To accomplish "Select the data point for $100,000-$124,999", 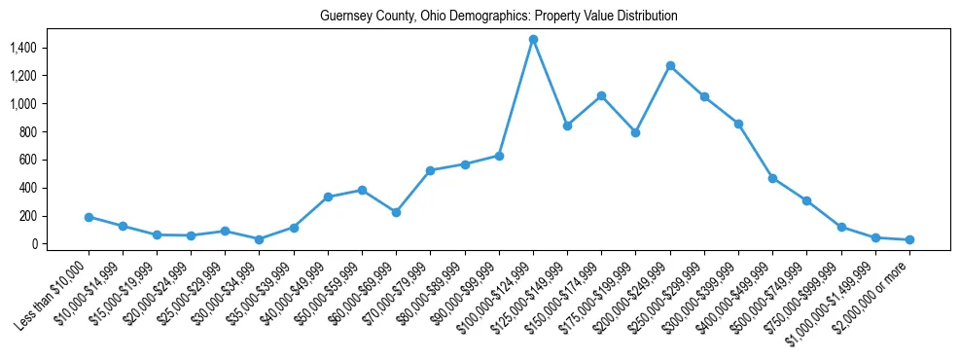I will point(533,39).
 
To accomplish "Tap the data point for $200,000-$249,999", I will point(670,65).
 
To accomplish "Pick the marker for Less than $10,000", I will point(89,217).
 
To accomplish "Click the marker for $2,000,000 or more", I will point(909,239).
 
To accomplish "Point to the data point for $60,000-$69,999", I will point(396,212).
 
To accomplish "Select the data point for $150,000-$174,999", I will point(601,95).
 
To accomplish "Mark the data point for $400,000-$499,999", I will point(772,178).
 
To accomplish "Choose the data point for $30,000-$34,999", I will point(259,239).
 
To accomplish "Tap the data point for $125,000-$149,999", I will point(567,126).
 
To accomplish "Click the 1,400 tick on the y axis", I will point(22,48).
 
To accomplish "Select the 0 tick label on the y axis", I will point(33,244).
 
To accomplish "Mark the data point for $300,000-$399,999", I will point(738,124).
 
